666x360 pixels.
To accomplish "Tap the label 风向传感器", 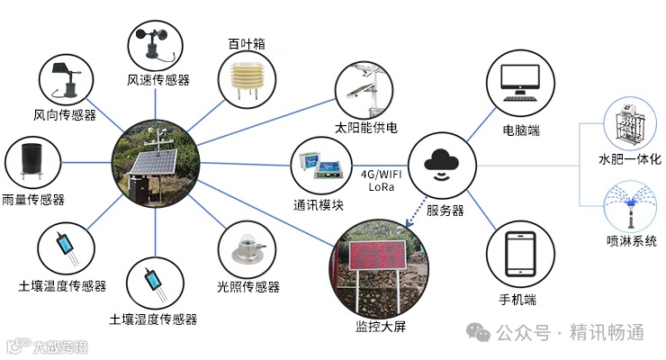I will [65, 115].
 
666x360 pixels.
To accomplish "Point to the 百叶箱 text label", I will [246, 42].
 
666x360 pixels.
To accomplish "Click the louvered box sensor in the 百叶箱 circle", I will [246, 79].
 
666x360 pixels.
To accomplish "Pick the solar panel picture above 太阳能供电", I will [364, 87].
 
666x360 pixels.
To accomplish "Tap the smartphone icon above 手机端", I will [519, 255].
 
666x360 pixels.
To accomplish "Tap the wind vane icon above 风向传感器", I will [67, 77].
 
